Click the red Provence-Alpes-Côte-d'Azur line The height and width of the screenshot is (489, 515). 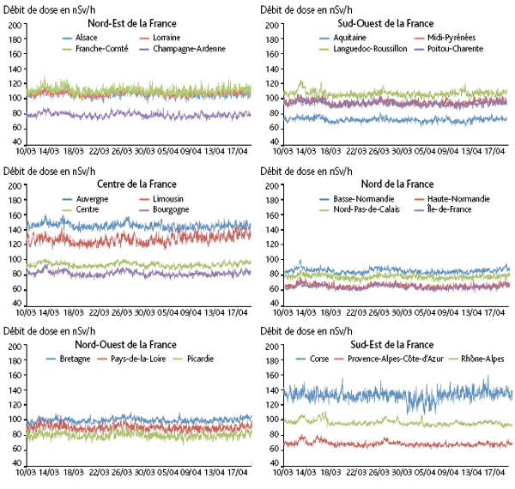(386, 443)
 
